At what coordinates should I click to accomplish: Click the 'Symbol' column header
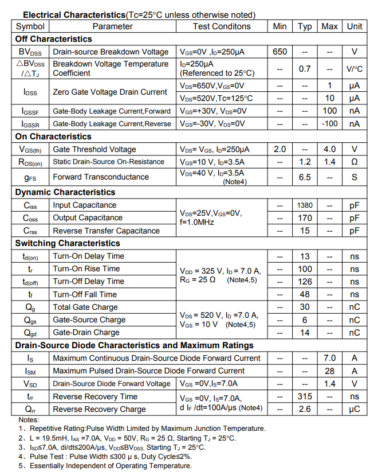(30, 26)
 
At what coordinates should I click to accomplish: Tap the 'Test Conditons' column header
(221, 26)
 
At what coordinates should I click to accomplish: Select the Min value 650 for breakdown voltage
(279, 52)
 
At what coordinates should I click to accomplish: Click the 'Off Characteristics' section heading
(53, 39)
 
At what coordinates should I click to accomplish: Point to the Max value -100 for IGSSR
(329, 124)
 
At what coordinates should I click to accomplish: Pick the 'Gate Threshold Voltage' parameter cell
(94, 149)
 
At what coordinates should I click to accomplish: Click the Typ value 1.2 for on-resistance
(305, 162)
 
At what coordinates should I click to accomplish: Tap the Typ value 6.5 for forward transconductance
(305, 177)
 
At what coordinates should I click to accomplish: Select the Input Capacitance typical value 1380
(305, 205)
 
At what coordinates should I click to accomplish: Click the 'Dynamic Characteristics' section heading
(65, 192)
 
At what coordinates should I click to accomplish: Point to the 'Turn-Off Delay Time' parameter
(89, 282)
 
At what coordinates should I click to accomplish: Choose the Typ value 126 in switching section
(305, 282)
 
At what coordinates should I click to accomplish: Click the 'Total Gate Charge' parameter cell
(86, 307)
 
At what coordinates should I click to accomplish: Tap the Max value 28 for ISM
(329, 371)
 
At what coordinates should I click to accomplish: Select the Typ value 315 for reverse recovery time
(305, 396)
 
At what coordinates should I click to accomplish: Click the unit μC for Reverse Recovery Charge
(355, 409)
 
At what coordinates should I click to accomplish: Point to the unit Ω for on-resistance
(355, 162)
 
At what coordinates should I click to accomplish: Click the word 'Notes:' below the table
(29, 420)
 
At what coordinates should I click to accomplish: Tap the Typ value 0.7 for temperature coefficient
(305, 69)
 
